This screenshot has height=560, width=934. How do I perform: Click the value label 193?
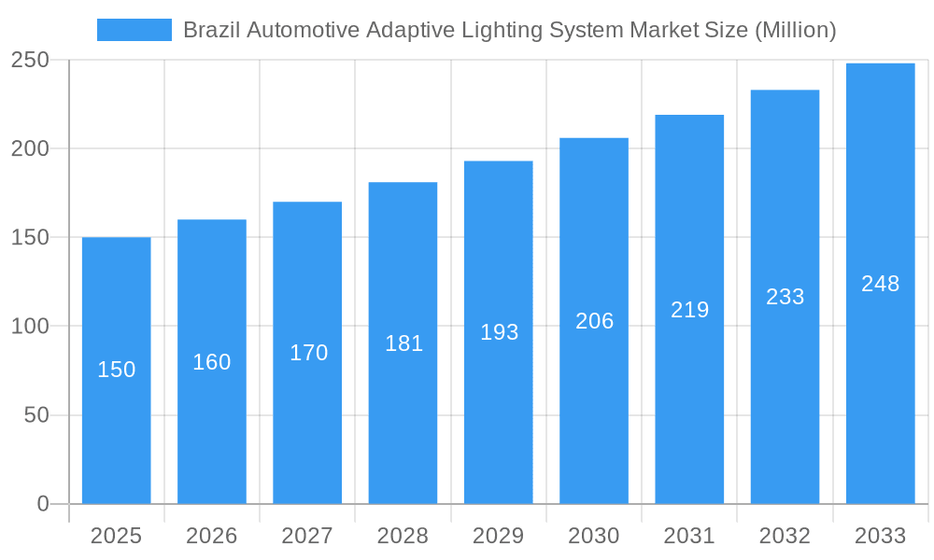pos(499,332)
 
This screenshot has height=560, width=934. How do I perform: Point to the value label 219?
pos(690,310)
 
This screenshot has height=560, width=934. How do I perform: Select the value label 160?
pos(212,362)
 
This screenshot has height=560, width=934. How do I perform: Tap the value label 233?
pos(785,297)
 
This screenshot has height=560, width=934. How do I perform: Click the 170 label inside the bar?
pos(308,353)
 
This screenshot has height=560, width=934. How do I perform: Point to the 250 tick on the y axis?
pos(30,60)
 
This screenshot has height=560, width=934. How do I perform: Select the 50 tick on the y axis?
pos(36,415)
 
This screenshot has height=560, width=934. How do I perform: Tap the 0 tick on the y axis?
pos(43,504)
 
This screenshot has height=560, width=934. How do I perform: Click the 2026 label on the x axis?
pos(212,536)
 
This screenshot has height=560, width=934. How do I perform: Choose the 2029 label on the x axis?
pos(499,536)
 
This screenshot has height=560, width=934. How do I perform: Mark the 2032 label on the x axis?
pos(785,536)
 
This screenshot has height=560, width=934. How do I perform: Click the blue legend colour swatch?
pos(134,30)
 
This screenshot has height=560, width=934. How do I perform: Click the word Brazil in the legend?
pos(208,30)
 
